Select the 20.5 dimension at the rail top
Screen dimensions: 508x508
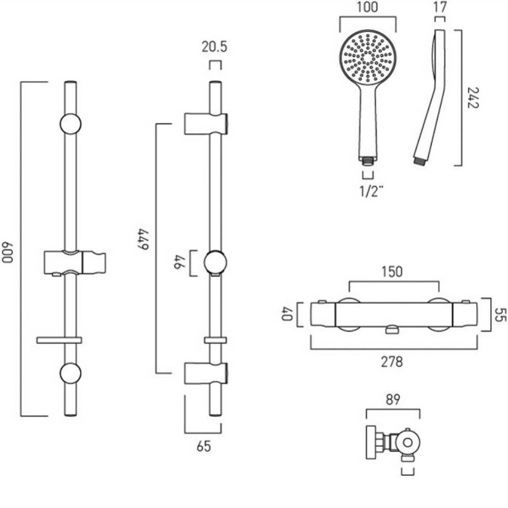coord(215,47)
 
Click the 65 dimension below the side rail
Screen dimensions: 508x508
coord(203,446)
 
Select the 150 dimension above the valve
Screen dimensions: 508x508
coord(391,272)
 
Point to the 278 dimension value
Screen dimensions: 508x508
coord(391,362)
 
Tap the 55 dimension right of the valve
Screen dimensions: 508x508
coord(501,315)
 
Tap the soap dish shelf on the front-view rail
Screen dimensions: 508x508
coord(59,340)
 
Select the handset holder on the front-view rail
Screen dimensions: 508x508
coord(74,262)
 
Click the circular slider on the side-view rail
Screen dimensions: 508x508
coord(216,263)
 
